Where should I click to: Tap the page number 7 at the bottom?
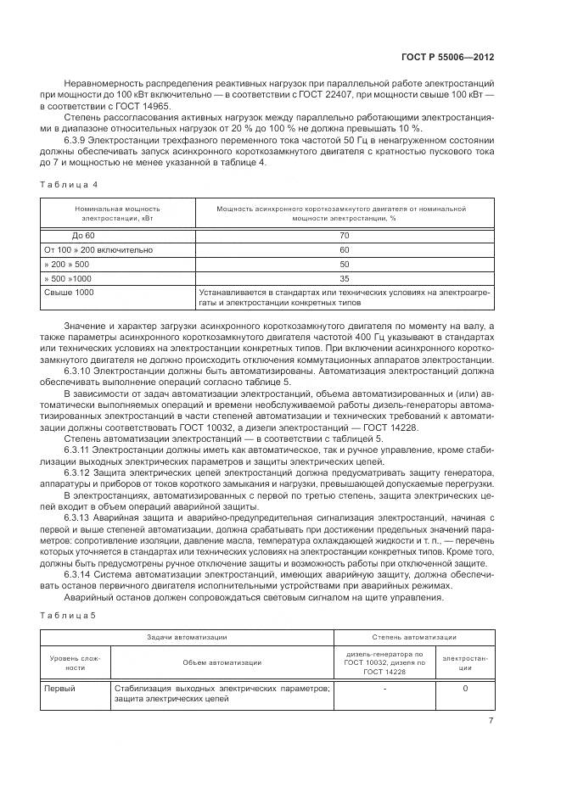pyautogui.click(x=491, y=721)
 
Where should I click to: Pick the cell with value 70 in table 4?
pyautogui.click(x=344, y=235)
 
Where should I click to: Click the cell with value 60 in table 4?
pyautogui.click(x=344, y=249)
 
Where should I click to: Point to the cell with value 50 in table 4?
pyautogui.click(x=344, y=264)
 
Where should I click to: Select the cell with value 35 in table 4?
pyautogui.click(x=344, y=278)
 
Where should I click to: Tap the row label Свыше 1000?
pyautogui.click(x=69, y=293)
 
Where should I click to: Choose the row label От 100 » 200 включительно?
pyautogui.click(x=98, y=249)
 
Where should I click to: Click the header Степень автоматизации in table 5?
pyautogui.click(x=414, y=636)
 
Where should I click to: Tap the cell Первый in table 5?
pyautogui.click(x=59, y=689)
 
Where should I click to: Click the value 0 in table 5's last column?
pyautogui.click(x=465, y=689)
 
